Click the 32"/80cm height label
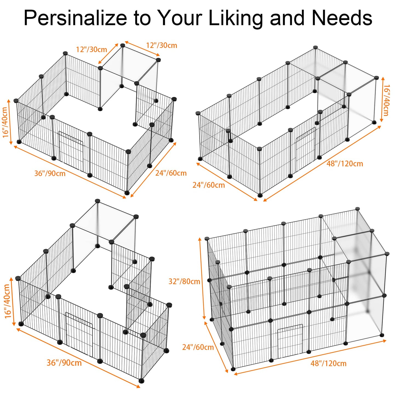pos(184,281)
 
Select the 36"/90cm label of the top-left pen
pos(50,173)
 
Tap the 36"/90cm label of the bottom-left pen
pos(64,363)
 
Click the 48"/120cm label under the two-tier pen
pos(328,363)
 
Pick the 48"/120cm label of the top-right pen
pos(345,164)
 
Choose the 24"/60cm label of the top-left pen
pos(171,173)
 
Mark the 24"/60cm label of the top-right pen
pos(209,185)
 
